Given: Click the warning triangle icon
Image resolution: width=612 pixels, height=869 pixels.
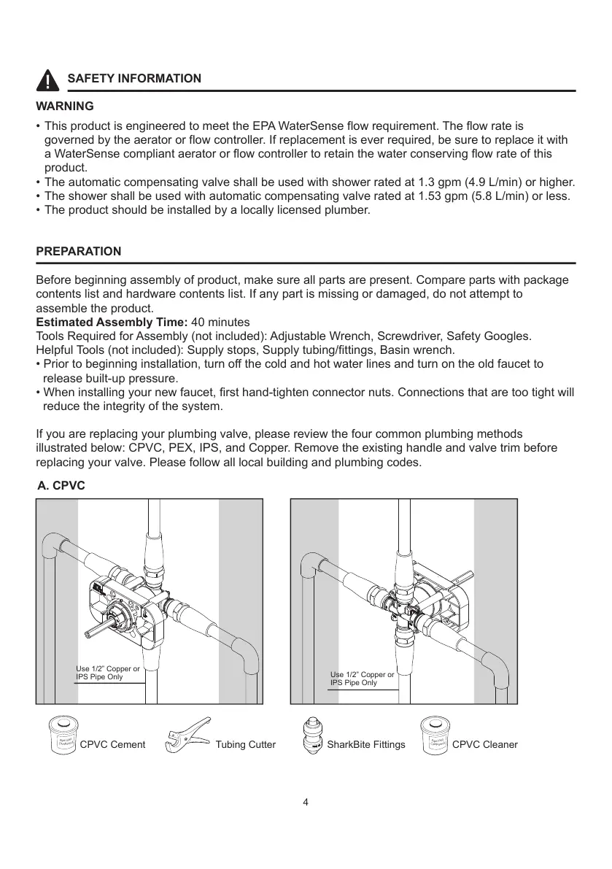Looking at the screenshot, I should click(x=48, y=79).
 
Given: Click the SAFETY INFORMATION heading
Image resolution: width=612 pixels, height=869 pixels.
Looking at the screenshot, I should click(x=134, y=79).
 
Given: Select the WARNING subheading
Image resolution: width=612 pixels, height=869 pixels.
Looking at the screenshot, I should click(x=65, y=107).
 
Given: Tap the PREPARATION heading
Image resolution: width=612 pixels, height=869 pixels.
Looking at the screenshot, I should click(x=79, y=252).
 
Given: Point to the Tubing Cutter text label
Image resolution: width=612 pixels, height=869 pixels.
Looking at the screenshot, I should click(x=246, y=745).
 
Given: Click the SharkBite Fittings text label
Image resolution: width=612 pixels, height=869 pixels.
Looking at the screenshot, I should click(x=366, y=745).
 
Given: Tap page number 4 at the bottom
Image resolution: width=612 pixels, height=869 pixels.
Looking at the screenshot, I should click(x=306, y=803).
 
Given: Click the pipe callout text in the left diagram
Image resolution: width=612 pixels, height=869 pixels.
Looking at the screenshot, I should click(x=108, y=673).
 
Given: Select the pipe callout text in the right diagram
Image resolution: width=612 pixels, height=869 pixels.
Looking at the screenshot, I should click(x=362, y=679).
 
